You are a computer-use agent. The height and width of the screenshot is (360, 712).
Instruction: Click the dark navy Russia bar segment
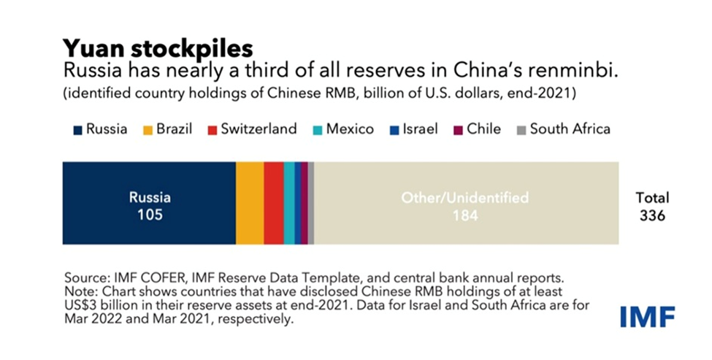pos(149,203)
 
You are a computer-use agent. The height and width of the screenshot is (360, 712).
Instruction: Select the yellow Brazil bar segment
pos(250,203)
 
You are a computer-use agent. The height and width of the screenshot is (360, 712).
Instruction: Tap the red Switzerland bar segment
pos(273,203)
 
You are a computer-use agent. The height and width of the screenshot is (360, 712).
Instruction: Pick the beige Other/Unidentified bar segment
pos(466,203)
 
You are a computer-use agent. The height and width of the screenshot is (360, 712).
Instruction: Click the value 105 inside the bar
pos(150,215)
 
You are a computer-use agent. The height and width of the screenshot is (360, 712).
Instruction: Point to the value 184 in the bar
pos(464,215)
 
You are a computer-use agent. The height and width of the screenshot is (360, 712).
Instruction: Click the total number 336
pos(652,215)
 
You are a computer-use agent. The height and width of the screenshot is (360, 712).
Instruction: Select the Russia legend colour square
pos(77,130)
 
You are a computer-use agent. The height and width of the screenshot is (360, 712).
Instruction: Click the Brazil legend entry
pos(167,129)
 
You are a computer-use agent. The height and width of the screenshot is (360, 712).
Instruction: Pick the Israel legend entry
pos(413,129)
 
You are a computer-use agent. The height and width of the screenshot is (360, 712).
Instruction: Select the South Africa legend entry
pos(562,129)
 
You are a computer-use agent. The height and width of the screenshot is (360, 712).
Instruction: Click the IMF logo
pos(647,316)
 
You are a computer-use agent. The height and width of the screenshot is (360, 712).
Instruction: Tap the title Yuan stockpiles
pos(158,47)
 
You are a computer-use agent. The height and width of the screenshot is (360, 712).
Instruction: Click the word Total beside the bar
pos(652,198)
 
